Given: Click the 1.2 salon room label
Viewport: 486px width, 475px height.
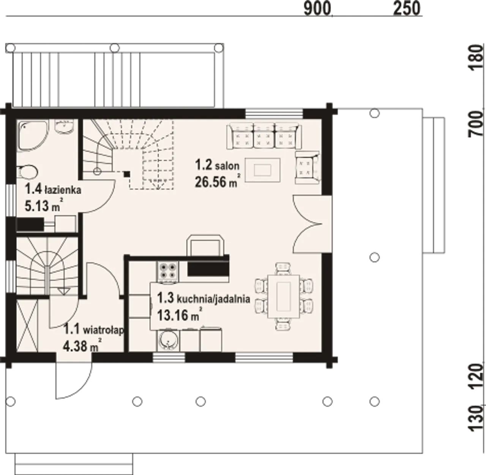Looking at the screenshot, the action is point(217,165).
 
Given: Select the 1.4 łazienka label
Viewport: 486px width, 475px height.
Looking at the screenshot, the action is point(53,190).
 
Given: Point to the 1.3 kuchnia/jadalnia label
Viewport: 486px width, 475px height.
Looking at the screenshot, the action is point(204,298).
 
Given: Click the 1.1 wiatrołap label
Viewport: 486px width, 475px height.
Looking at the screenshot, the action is point(94,329).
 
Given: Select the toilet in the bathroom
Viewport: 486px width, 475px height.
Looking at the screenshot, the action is point(27,172).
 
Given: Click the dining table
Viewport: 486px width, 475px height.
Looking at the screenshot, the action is point(284,296).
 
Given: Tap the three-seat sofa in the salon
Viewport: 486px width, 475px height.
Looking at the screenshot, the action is point(264,136).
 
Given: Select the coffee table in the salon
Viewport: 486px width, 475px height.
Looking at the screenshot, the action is point(262,170).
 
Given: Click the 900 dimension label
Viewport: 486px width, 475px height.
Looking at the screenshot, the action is point(317,9).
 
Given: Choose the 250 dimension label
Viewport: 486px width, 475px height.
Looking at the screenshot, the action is point(407,8).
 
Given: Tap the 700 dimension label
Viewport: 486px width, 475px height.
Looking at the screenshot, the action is point(477,124).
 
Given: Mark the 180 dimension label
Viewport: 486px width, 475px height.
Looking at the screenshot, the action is point(477,58).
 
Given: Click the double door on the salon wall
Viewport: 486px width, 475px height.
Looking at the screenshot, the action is point(312,224).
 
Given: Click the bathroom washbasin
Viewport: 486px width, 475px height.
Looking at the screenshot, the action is point(64,127).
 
